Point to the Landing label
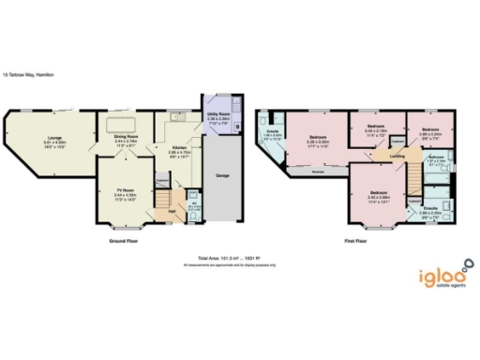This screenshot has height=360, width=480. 397,157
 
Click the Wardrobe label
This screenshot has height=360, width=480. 318,172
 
